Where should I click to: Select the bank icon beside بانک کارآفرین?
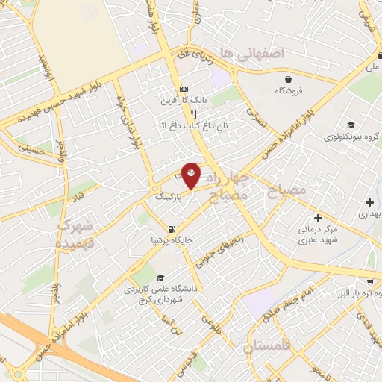point(184,89)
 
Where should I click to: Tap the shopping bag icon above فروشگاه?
point(289,79)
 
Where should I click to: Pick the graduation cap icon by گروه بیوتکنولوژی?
point(351,125)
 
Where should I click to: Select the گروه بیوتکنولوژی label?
point(348,138)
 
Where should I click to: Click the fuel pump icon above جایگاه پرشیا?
point(172,229)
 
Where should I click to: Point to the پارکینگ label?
point(168,198)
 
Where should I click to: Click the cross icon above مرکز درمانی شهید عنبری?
point(319,218)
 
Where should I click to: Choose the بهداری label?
point(369,213)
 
